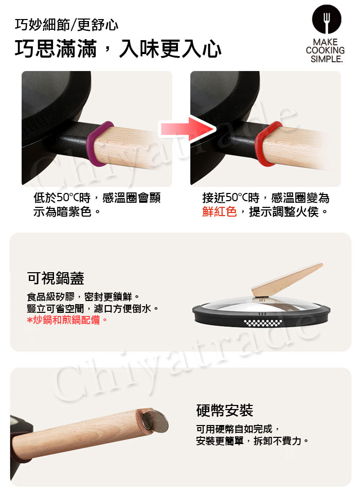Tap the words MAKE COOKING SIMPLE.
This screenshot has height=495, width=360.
(x=326, y=50)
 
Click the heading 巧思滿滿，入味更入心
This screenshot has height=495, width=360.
(x=118, y=49)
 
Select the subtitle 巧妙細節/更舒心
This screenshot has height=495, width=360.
(x=66, y=25)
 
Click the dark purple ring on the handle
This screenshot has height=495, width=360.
(x=99, y=144)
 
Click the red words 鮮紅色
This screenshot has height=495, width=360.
(x=220, y=211)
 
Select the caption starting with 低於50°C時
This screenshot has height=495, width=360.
(x=97, y=205)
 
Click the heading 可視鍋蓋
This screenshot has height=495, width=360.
(x=56, y=278)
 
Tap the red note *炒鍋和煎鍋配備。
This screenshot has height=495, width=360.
(x=67, y=320)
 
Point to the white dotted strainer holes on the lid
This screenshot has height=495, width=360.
(x=263, y=323)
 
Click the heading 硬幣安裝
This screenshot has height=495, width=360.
(x=225, y=411)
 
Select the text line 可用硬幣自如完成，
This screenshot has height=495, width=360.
(x=238, y=429)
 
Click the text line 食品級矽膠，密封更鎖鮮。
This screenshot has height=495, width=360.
(x=83, y=297)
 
